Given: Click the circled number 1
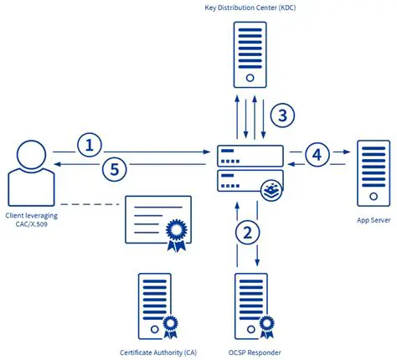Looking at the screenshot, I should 89,144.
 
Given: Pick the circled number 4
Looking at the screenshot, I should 316,154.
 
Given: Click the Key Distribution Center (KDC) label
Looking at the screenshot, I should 250,9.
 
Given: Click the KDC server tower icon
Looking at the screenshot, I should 249,54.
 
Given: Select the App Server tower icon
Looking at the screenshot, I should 373,173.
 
